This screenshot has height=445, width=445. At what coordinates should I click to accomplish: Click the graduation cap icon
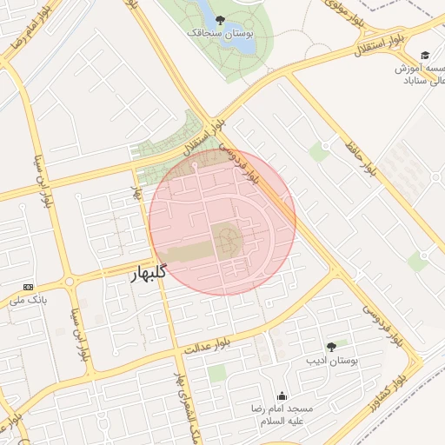click(x=425, y=54)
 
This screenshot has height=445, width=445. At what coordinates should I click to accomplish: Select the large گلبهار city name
click(x=149, y=275)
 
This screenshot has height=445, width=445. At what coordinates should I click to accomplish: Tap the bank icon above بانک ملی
click(x=29, y=286)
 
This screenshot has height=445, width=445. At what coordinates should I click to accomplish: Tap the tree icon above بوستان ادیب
click(x=331, y=346)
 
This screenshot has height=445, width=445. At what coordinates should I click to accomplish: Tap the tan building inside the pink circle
click(x=226, y=239)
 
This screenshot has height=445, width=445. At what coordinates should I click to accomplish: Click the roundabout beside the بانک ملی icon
click(x=70, y=282)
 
